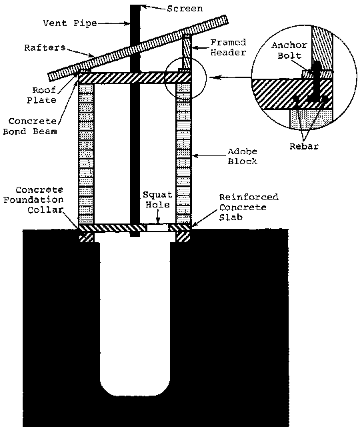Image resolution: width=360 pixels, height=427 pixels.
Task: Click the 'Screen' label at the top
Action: pyautogui.click(x=185, y=9)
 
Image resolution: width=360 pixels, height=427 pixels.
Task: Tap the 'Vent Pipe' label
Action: pyautogui.click(x=70, y=23)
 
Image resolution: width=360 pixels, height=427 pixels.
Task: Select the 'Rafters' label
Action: pyautogui.click(x=45, y=47)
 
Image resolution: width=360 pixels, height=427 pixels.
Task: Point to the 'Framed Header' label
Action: pyautogui.click(x=229, y=47)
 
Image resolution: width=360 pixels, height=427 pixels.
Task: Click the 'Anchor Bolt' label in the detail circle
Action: pyautogui.click(x=289, y=51)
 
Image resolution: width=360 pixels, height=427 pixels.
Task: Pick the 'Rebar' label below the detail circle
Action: pyautogui.click(x=304, y=147)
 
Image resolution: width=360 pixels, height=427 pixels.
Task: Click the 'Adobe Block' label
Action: pyautogui.click(x=242, y=156)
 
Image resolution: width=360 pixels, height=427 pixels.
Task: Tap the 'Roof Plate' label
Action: pyautogui.click(x=41, y=95)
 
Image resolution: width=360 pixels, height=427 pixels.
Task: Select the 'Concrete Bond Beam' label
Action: pyautogui.click(x=30, y=126)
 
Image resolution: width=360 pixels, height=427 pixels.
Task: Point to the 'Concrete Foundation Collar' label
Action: pyautogui.click(x=33, y=200)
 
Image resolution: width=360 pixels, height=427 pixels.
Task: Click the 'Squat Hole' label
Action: pyautogui.click(x=157, y=199)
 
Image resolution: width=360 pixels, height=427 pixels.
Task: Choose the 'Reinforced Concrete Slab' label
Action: pyautogui.click(x=249, y=207)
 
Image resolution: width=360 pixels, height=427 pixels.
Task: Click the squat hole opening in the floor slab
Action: pyautogui.click(x=158, y=228)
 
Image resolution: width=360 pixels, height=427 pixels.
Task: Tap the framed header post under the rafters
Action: pyautogui.click(x=187, y=52)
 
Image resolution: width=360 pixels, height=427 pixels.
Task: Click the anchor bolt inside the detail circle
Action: pyautogui.click(x=315, y=81)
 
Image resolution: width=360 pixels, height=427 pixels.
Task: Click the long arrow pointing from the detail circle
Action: pyautogui.click(x=230, y=77)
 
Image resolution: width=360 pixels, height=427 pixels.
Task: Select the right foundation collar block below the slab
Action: pyautogui.click(x=183, y=237)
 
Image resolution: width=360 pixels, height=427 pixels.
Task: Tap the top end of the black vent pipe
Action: pyautogui.click(x=135, y=5)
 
